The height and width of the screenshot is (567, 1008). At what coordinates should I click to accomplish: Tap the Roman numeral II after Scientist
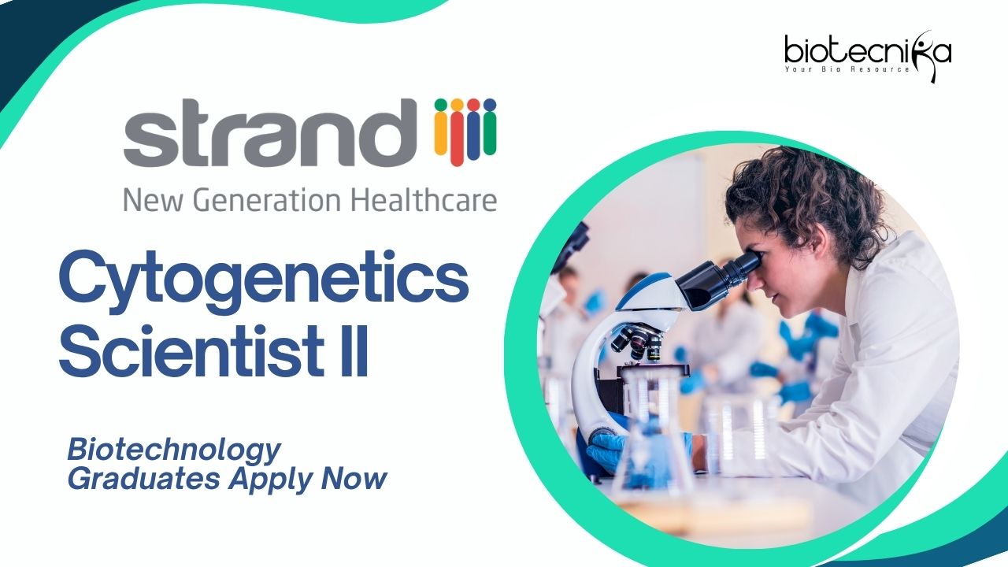click(354, 352)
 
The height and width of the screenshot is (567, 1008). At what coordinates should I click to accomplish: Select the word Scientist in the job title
click(193, 352)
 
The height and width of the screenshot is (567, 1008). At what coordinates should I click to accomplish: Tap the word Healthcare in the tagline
click(424, 200)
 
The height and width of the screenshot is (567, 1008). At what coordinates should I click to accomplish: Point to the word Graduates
click(143, 478)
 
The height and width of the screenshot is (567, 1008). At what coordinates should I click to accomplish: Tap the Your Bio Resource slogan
click(847, 69)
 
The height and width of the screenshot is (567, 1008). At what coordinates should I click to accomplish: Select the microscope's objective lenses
click(636, 342)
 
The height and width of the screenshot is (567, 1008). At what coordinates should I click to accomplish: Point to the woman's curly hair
click(806, 198)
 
